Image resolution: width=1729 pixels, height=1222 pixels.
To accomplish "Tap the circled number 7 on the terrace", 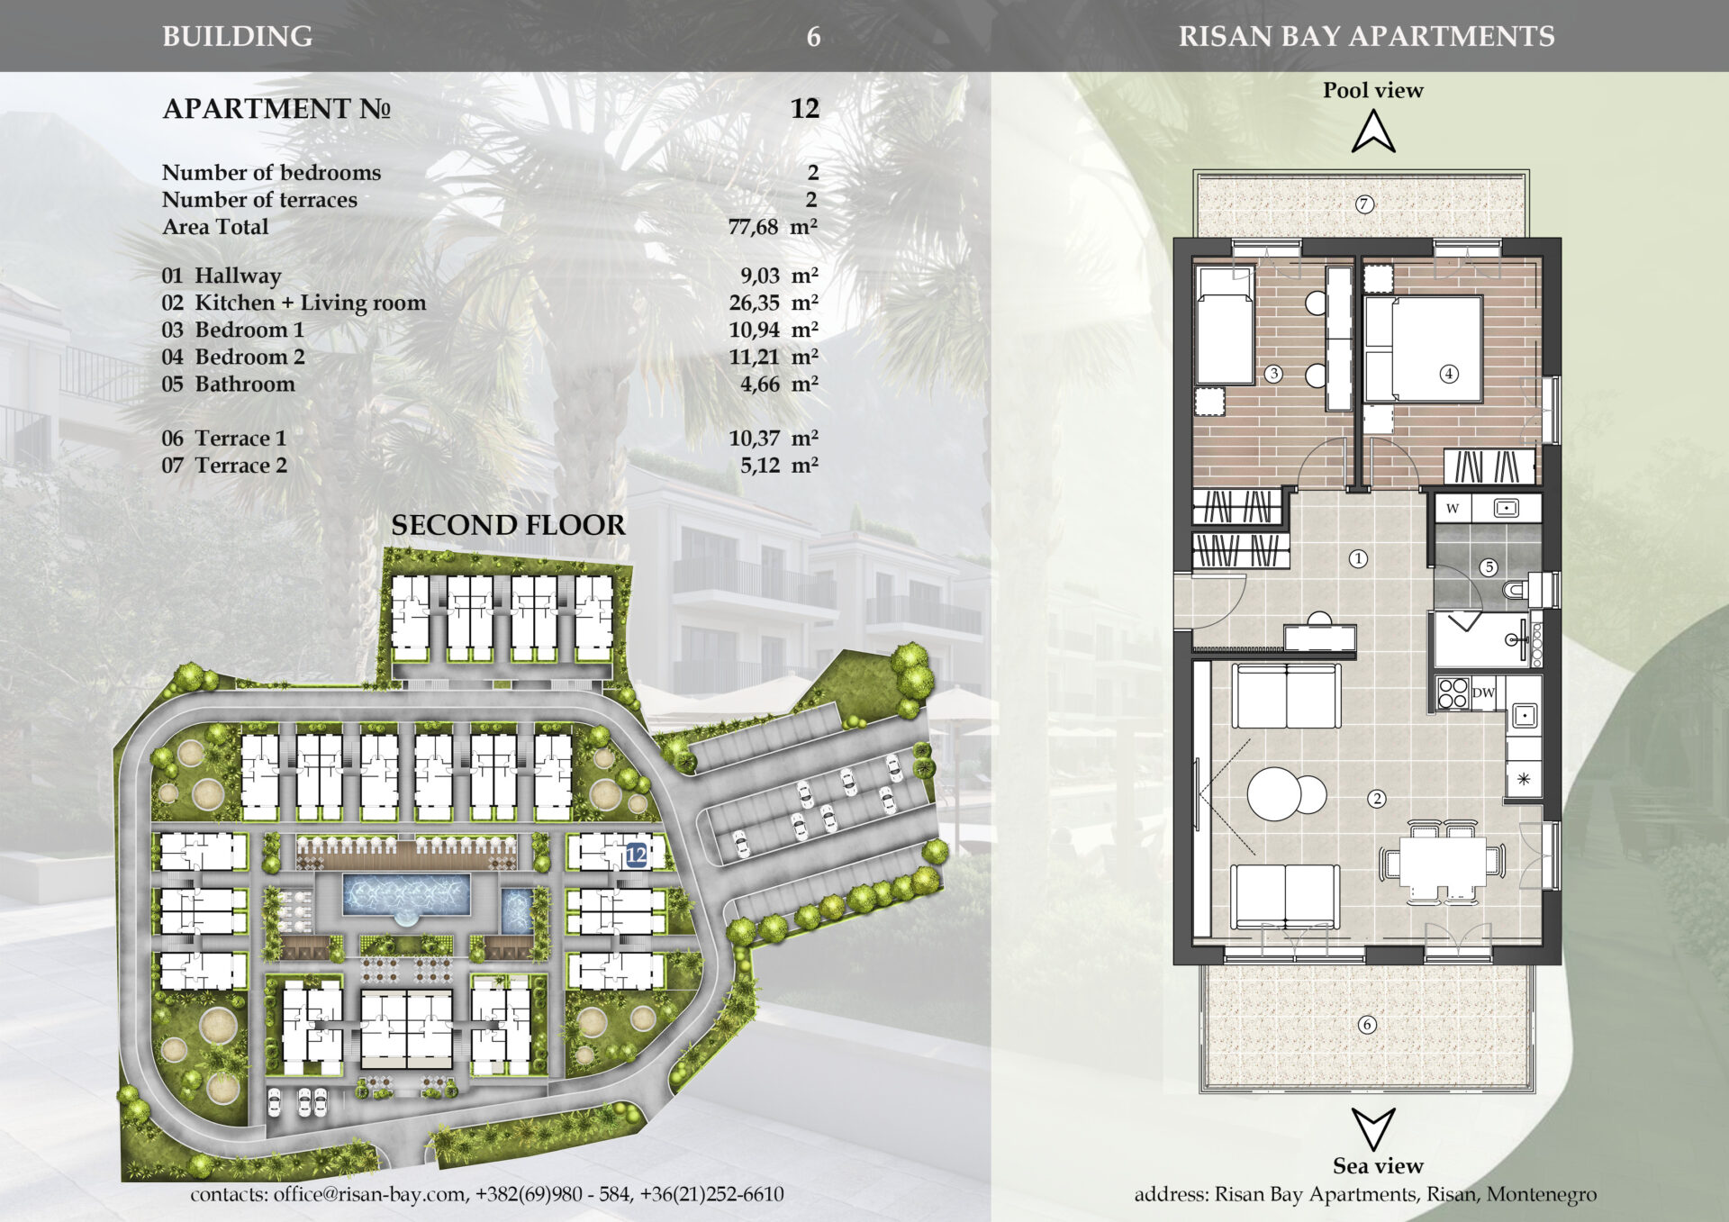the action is pyautogui.click(x=1364, y=204).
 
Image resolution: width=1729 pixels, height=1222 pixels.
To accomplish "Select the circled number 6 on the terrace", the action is pyautogui.click(x=1367, y=1025).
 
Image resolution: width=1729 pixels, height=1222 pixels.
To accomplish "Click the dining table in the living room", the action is pyautogui.click(x=1443, y=863).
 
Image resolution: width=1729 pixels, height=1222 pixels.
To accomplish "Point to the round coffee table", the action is pyautogui.click(x=1274, y=793).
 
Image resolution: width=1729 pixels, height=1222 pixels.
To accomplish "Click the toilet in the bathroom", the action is pyautogui.click(x=1522, y=591).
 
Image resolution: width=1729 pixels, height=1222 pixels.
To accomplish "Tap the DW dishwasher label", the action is pyautogui.click(x=1483, y=693).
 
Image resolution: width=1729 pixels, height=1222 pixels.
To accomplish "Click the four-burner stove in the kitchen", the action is pyautogui.click(x=1453, y=693).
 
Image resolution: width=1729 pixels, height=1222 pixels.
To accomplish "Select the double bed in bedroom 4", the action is pyautogui.click(x=1423, y=348).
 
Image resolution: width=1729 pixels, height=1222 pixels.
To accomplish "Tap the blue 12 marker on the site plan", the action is pyautogui.click(x=637, y=854).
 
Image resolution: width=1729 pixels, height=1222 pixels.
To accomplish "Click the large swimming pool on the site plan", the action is pyautogui.click(x=406, y=894).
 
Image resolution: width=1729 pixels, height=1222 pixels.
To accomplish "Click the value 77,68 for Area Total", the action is pyautogui.click(x=753, y=227).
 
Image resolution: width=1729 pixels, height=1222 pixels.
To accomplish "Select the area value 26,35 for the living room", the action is pyautogui.click(x=754, y=303).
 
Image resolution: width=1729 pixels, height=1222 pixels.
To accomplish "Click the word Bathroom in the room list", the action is pyautogui.click(x=245, y=385).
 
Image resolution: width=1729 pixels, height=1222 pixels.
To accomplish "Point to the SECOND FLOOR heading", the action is pyautogui.click(x=508, y=526).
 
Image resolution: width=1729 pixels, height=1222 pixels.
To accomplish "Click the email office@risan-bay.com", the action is pyautogui.click(x=369, y=1194).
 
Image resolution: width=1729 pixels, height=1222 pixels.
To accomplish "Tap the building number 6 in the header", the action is pyautogui.click(x=813, y=37).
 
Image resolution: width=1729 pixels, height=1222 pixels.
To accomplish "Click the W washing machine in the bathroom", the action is pyautogui.click(x=1453, y=508).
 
